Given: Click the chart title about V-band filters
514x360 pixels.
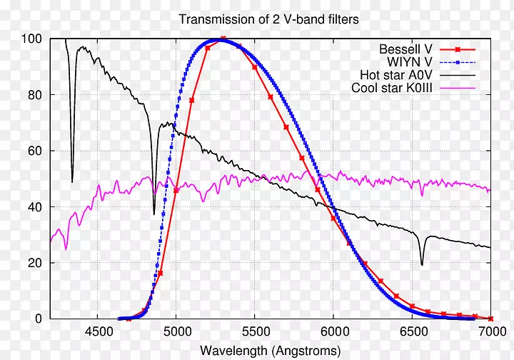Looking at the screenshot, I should pos(268,20).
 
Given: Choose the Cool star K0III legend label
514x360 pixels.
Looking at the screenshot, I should pos(390,88).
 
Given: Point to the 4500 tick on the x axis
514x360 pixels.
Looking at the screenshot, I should pos(98,331).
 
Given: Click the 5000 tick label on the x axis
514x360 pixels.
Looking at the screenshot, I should pos(176,331).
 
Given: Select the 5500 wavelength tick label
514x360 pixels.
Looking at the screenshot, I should pos(255,331).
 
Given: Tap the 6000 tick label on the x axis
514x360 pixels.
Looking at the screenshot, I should pos(333,331).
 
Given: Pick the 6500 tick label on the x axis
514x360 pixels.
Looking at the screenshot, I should pos(412,331).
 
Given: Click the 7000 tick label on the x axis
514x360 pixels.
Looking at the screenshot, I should pos(490,331).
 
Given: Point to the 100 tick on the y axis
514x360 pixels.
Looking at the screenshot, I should pos(32,39).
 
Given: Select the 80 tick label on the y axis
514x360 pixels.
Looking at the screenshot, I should pos(35,95).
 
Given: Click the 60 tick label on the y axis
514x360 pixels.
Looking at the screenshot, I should pos(35,151).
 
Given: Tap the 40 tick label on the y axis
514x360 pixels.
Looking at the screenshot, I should pos(35,206).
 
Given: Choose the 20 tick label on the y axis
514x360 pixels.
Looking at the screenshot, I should pos(35,263).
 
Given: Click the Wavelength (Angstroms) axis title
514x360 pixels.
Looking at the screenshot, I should pos(269,350).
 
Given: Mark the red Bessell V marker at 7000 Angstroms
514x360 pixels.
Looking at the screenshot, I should pos(490,319).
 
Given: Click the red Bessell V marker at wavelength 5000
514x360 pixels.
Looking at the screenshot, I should pos(176,191).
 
